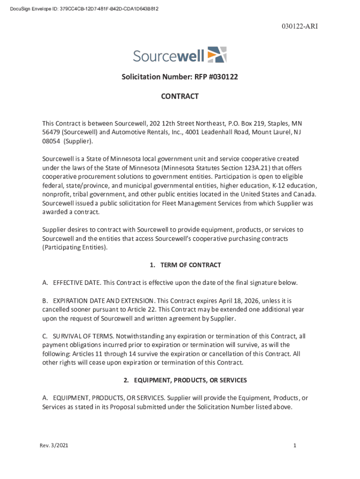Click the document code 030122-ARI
tap(300, 26)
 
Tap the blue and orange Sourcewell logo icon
tap(217, 55)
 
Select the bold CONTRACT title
tap(180, 96)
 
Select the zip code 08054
tap(51, 141)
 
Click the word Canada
tap(305, 194)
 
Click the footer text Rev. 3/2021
tap(54, 446)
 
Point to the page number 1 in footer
tap(295, 446)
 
